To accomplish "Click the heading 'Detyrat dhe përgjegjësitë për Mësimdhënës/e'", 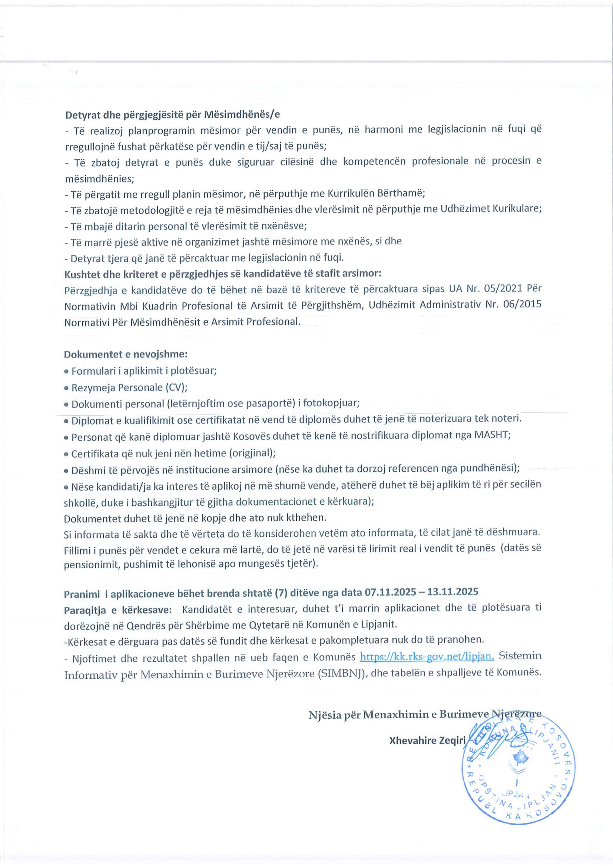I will (172, 114).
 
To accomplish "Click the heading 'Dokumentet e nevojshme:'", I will (126, 355).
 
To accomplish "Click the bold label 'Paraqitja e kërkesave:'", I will (118, 610).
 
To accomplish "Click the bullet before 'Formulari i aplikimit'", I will (66, 372).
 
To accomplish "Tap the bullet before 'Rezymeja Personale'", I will (66, 388).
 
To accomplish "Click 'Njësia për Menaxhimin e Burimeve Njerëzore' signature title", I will (425, 715).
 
